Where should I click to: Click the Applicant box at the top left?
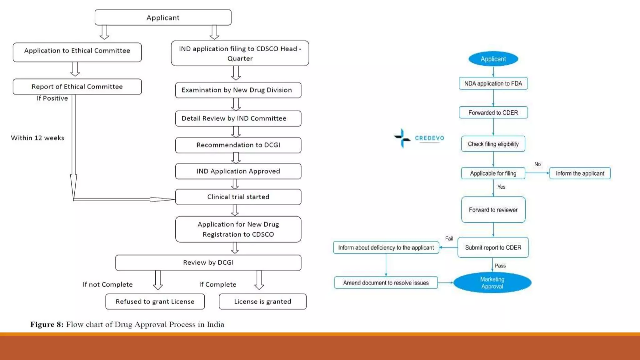163,17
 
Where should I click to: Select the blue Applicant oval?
493,59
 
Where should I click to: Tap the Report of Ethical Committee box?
77,87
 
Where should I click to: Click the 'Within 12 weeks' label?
37,138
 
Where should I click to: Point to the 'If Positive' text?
52,98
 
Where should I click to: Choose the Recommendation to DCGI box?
238,145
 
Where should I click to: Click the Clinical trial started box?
238,197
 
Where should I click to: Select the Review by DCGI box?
208,262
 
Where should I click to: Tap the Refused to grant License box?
155,302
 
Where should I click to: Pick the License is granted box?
262,302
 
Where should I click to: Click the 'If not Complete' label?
107,284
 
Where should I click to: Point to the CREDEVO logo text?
429,138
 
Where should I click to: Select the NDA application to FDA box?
493,83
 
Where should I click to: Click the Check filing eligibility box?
493,144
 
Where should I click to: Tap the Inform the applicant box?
580,173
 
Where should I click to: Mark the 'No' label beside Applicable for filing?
537,164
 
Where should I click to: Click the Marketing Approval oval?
492,283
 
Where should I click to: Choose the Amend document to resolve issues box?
386,283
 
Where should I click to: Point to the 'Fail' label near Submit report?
449,239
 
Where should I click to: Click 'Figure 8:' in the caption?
47,324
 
